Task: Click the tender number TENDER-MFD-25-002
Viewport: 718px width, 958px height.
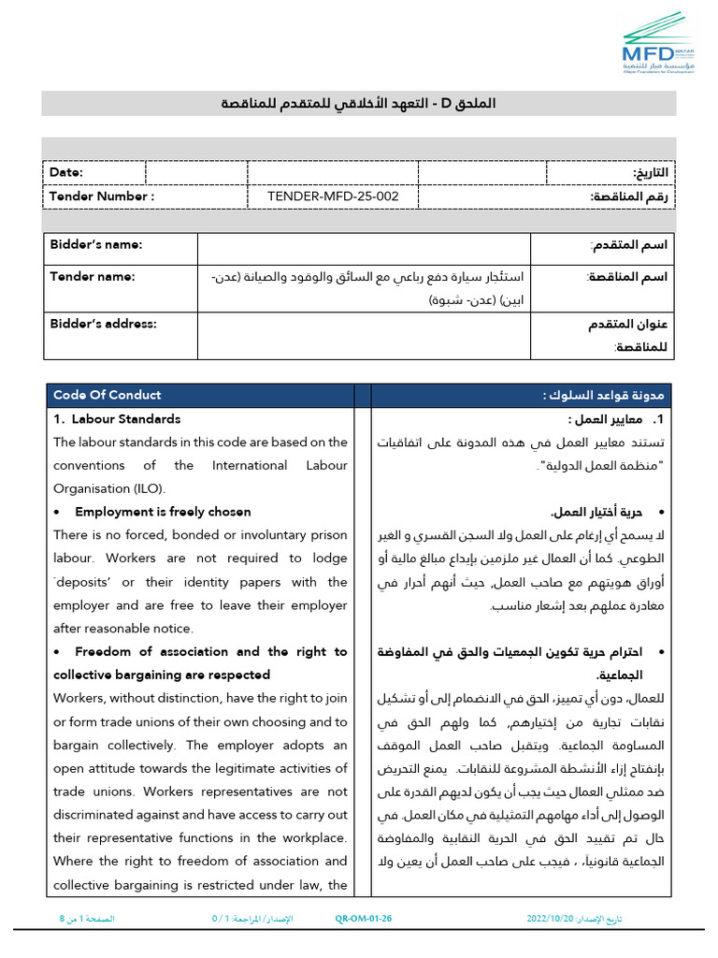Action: pyautogui.click(x=333, y=196)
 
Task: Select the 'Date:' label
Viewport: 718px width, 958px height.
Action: pyautogui.click(x=66, y=172)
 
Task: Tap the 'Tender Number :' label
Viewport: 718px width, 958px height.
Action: pyautogui.click(x=101, y=196)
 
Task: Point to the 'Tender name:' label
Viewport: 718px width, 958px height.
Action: pyautogui.click(x=92, y=276)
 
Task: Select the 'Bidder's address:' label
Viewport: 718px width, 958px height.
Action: pyautogui.click(x=103, y=324)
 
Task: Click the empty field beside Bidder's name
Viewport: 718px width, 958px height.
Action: pyautogui.click(x=364, y=248)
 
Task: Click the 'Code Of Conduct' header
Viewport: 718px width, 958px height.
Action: pyautogui.click(x=107, y=395)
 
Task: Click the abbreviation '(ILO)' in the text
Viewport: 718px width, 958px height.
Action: pyautogui.click(x=145, y=488)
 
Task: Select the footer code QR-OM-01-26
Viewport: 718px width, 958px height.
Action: pyautogui.click(x=363, y=919)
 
